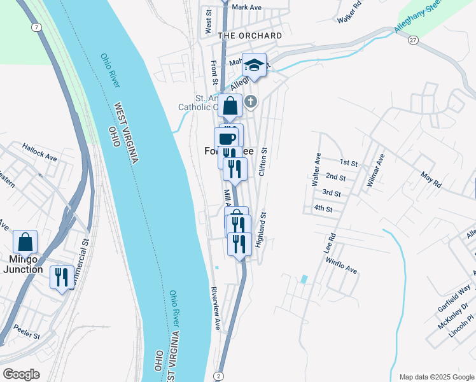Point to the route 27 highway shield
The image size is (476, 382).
click(413, 39)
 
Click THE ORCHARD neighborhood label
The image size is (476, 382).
click(249, 36)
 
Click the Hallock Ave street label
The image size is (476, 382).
click(39, 151)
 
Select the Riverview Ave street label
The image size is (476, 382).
click(217, 309)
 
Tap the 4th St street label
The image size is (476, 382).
click(323, 208)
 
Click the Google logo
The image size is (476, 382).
click(21, 374)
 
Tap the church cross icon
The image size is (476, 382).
click(251, 101)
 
